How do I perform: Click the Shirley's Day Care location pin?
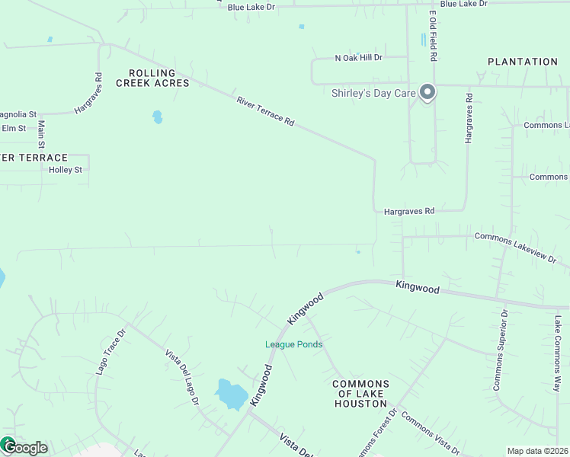427,93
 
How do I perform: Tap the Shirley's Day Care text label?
373,94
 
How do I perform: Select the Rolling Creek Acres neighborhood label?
152,78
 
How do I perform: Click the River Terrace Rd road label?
265,110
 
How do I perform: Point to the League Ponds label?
293,344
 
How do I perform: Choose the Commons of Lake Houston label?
361,394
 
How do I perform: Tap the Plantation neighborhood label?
523,62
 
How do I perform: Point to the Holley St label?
65,170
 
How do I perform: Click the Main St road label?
41,135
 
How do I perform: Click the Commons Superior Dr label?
500,350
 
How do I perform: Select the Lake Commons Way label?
559,354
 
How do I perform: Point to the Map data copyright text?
538,451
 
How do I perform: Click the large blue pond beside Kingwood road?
231,394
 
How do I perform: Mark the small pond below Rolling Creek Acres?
157,117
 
